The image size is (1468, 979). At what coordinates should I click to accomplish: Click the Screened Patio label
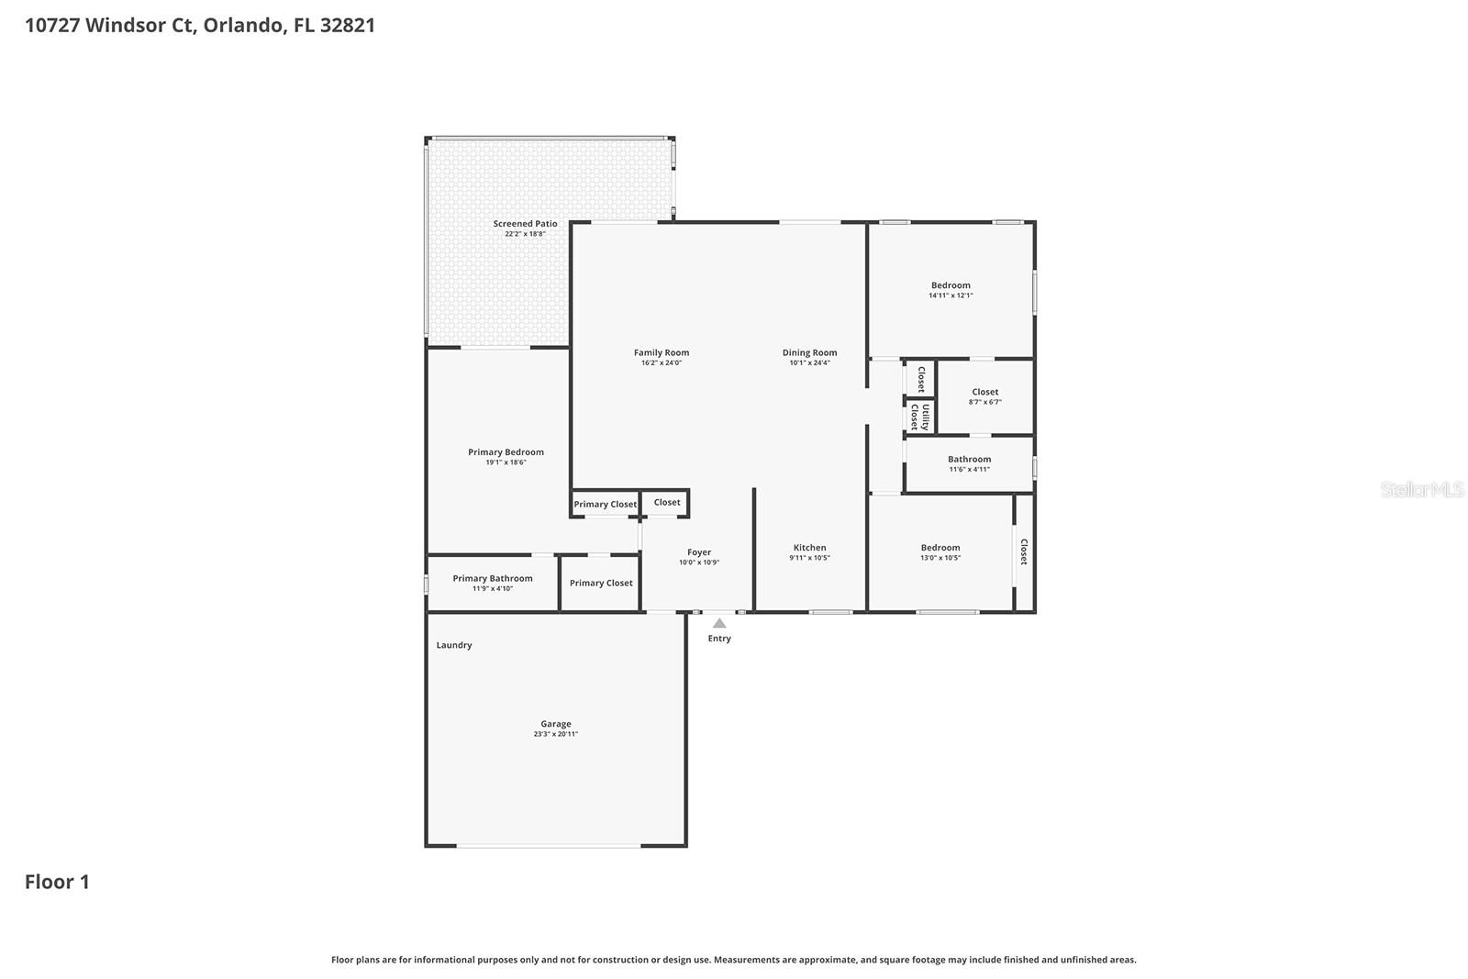click(x=525, y=224)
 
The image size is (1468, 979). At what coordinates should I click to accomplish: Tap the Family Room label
click(x=661, y=352)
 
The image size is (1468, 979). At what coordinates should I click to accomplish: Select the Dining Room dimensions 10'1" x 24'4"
click(x=809, y=363)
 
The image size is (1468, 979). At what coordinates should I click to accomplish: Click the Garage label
click(x=555, y=724)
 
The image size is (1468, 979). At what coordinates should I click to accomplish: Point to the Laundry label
click(x=453, y=645)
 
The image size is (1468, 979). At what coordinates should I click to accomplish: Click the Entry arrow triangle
click(x=719, y=623)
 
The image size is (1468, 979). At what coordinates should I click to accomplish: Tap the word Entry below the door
click(x=719, y=639)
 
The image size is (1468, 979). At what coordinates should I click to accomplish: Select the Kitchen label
click(x=809, y=548)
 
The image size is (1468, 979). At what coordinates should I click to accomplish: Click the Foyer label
click(x=699, y=552)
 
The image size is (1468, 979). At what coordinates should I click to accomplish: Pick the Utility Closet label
click(x=919, y=417)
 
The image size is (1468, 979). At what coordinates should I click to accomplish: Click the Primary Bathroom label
click(x=492, y=578)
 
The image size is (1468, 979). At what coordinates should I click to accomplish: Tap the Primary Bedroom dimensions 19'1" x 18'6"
click(x=506, y=462)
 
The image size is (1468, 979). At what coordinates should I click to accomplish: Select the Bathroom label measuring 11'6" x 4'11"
click(x=969, y=459)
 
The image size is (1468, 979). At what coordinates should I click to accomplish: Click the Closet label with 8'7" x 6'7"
click(x=984, y=392)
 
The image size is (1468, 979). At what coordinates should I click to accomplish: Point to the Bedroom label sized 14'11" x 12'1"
click(x=951, y=285)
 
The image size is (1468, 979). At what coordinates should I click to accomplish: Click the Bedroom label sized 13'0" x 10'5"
click(x=940, y=548)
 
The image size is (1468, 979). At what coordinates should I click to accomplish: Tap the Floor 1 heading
click(x=57, y=882)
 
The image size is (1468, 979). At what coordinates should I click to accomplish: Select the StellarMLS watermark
click(x=1421, y=490)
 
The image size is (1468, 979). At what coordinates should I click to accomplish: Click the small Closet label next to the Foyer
click(x=667, y=502)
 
